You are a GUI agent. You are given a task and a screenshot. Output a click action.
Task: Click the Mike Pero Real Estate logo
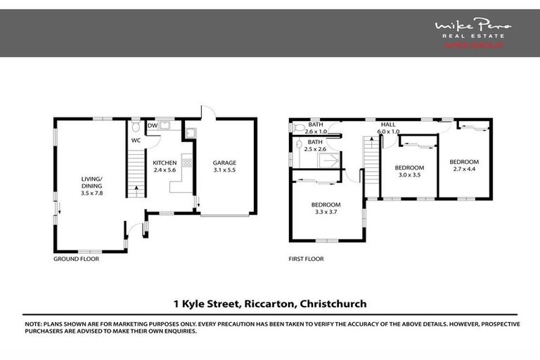click(472, 33)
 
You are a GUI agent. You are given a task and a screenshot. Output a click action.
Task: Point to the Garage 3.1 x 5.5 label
click(225, 166)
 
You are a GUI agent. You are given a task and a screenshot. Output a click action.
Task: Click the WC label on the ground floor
click(137, 139)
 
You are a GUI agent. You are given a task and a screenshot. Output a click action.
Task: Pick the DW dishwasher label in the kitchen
click(152, 126)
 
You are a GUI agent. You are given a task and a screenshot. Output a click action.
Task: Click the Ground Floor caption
click(76, 259)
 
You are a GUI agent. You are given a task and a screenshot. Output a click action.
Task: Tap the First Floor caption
click(306, 259)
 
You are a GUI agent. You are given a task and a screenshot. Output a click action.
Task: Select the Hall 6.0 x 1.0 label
click(388, 128)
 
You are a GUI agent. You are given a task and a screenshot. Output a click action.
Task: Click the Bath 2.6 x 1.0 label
click(316, 128)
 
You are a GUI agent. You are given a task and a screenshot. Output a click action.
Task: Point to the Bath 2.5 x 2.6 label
click(316, 146)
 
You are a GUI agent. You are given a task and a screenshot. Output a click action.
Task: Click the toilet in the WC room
click(136, 128)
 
